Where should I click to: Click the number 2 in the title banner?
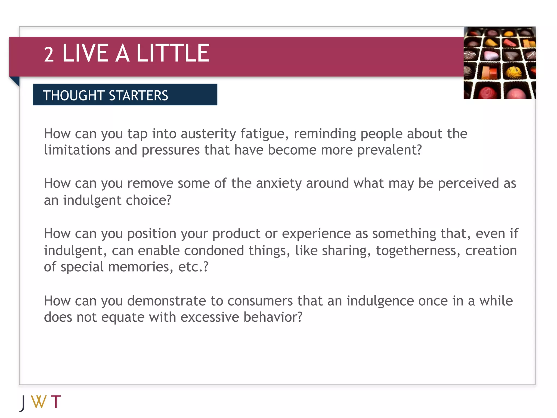pyautogui.click(x=49, y=55)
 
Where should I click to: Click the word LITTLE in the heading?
pyautogui.click(x=173, y=53)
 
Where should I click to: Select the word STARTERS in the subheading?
pyautogui.click(x=138, y=96)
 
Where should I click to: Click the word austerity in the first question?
pyautogui.click(x=208, y=134)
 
